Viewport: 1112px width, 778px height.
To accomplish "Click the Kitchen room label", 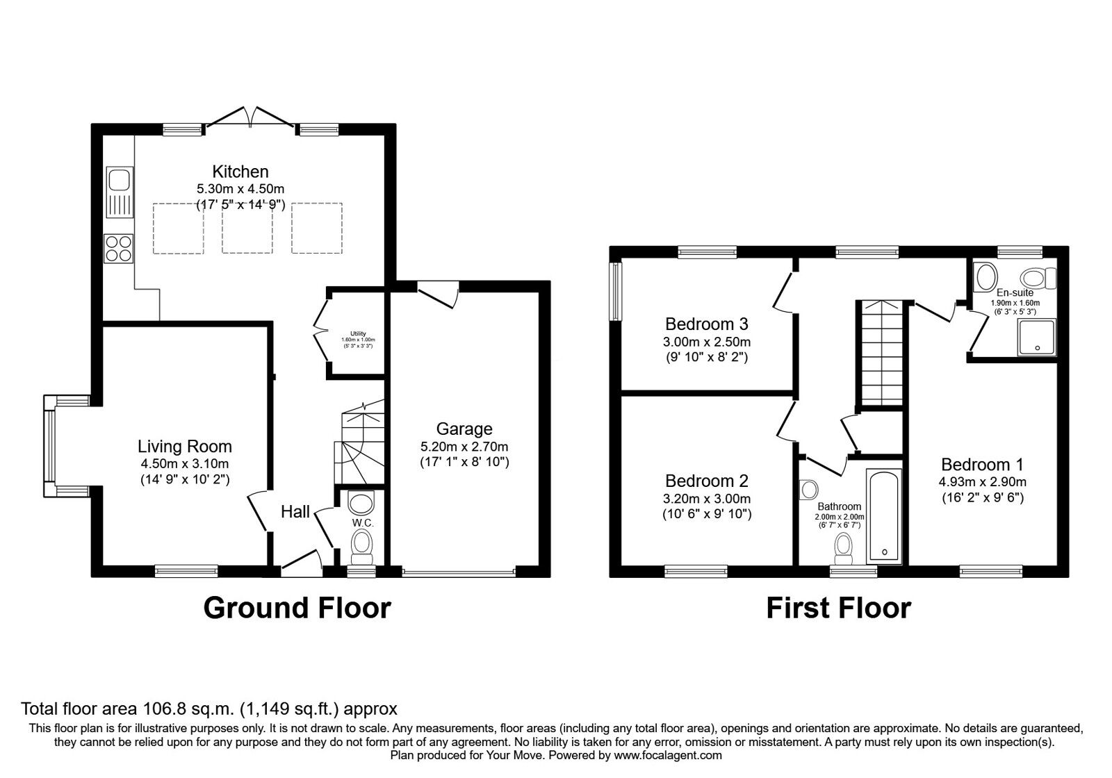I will click(240, 172).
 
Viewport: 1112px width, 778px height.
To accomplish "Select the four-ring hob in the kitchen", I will click(118, 248).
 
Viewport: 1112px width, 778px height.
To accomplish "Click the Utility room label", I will click(357, 334).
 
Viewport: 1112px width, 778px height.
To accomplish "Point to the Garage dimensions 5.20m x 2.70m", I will click(464, 446).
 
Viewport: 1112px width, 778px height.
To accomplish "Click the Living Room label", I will click(184, 447).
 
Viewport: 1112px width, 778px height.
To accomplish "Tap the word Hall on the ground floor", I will click(295, 512).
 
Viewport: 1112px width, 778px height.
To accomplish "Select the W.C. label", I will click(361, 522).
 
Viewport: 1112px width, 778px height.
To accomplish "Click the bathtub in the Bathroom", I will click(884, 516).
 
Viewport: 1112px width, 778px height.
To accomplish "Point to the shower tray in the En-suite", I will click(1037, 336).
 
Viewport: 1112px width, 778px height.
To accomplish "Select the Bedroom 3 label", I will click(706, 324).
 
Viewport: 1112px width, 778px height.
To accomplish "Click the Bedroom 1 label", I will click(983, 464).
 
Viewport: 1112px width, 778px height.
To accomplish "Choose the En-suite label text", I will click(1015, 292).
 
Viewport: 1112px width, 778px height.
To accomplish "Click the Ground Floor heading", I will click(297, 608).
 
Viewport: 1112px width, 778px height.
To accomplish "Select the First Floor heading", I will click(838, 608).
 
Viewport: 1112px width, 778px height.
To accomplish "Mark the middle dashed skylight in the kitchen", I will click(247, 228).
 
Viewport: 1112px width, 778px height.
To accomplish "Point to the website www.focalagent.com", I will click(667, 755).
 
